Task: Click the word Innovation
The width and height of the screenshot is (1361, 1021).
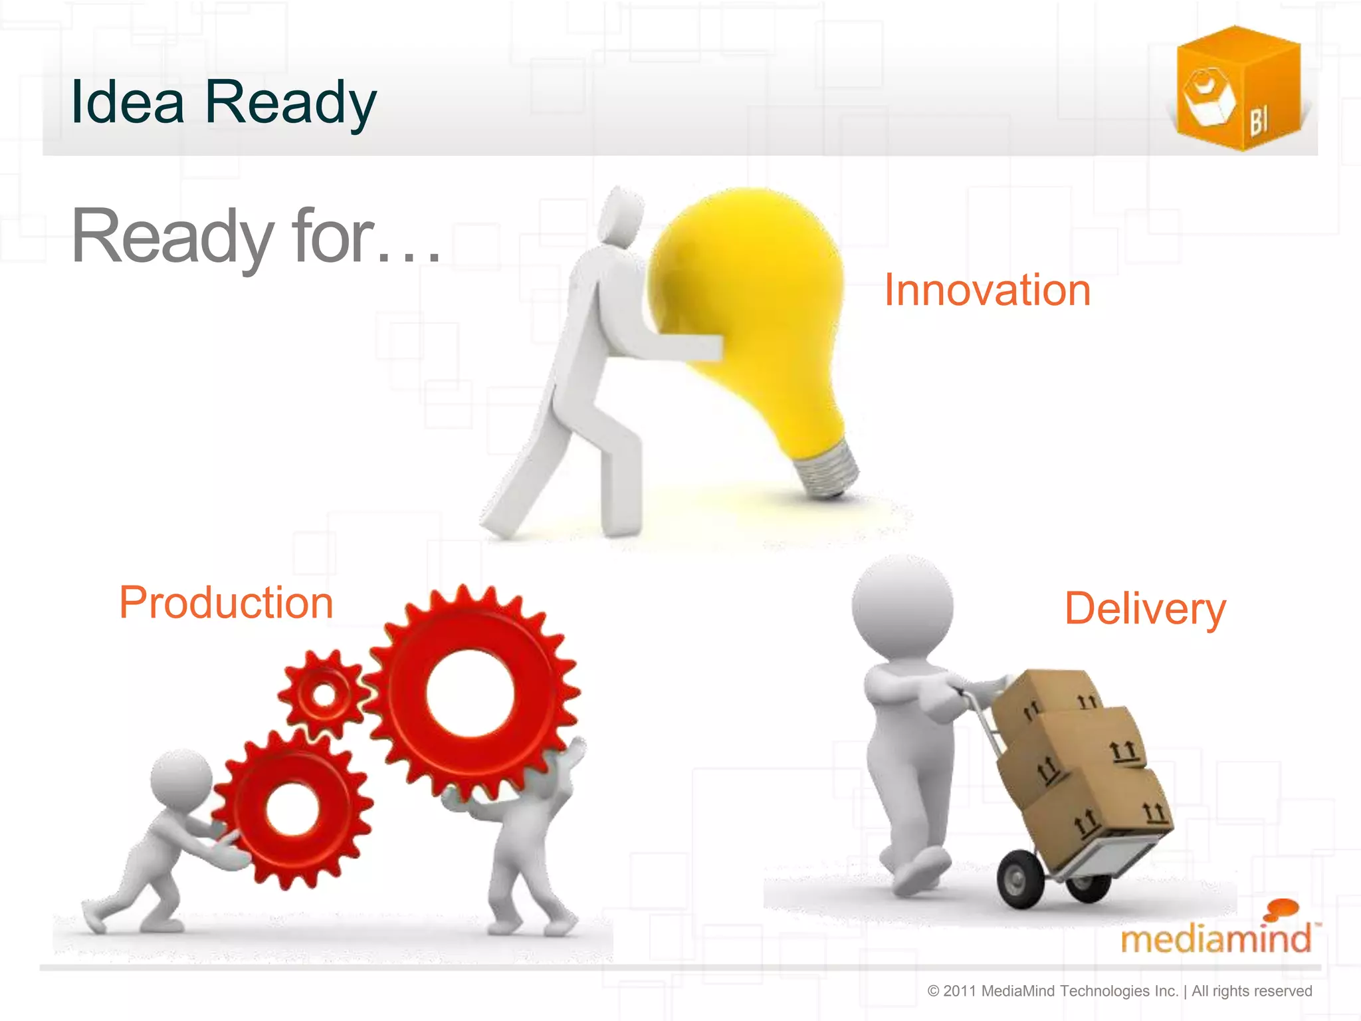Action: click(987, 290)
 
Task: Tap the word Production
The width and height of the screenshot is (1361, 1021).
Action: click(226, 603)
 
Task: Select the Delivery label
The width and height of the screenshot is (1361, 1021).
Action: click(1144, 608)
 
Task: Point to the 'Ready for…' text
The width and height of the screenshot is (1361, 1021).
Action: click(256, 236)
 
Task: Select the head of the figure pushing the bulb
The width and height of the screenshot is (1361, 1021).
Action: click(621, 216)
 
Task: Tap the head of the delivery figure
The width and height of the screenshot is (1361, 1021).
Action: click(902, 607)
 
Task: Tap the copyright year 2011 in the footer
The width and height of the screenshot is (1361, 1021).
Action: click(960, 991)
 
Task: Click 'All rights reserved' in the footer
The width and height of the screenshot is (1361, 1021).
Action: click(1251, 991)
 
